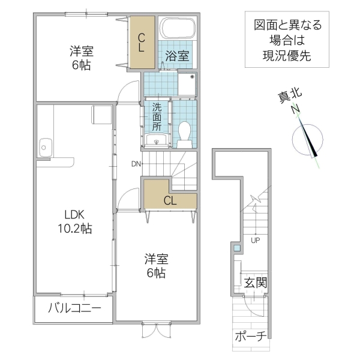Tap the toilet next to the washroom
[x=184, y=133]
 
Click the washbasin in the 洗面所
[x=157, y=140]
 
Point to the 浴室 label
[x=178, y=57]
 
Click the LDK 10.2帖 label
[x=74, y=221]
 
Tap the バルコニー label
[x=74, y=308]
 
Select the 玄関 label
[x=255, y=282]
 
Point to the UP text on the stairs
[x=255, y=241]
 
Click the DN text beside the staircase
[x=137, y=163]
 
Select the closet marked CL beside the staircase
[x=170, y=200]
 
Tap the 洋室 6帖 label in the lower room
[x=155, y=266]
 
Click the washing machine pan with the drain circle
[x=188, y=85]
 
